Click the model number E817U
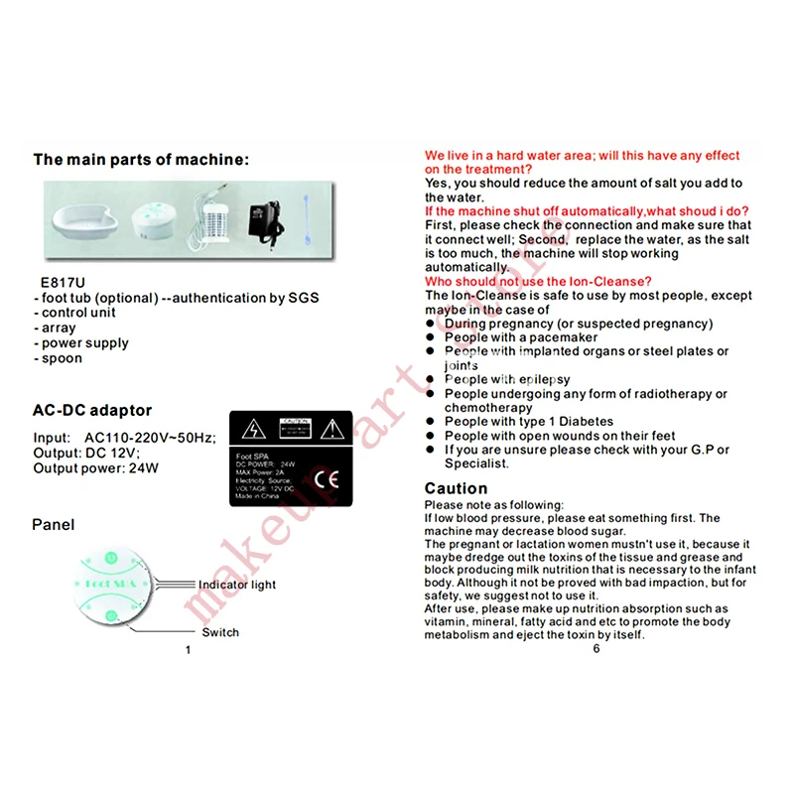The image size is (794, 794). pyautogui.click(x=59, y=282)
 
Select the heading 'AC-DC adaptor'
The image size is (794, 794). pyautogui.click(x=92, y=410)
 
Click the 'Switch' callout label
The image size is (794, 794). pyautogui.click(x=220, y=632)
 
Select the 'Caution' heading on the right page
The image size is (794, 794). pyautogui.click(x=456, y=488)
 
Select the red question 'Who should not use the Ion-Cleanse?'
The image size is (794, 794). pyautogui.click(x=537, y=282)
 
